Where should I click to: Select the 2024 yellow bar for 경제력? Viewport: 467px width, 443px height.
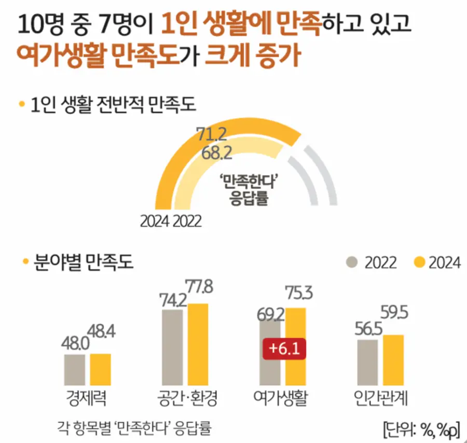(x=100, y=369)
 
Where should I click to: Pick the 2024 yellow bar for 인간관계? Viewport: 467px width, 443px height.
(x=393, y=360)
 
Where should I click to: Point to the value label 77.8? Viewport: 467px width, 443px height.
(x=199, y=287)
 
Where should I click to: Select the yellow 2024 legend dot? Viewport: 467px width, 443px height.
(x=420, y=262)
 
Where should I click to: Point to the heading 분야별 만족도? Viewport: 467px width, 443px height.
(x=83, y=261)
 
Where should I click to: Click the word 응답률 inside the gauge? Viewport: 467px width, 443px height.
(x=249, y=198)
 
